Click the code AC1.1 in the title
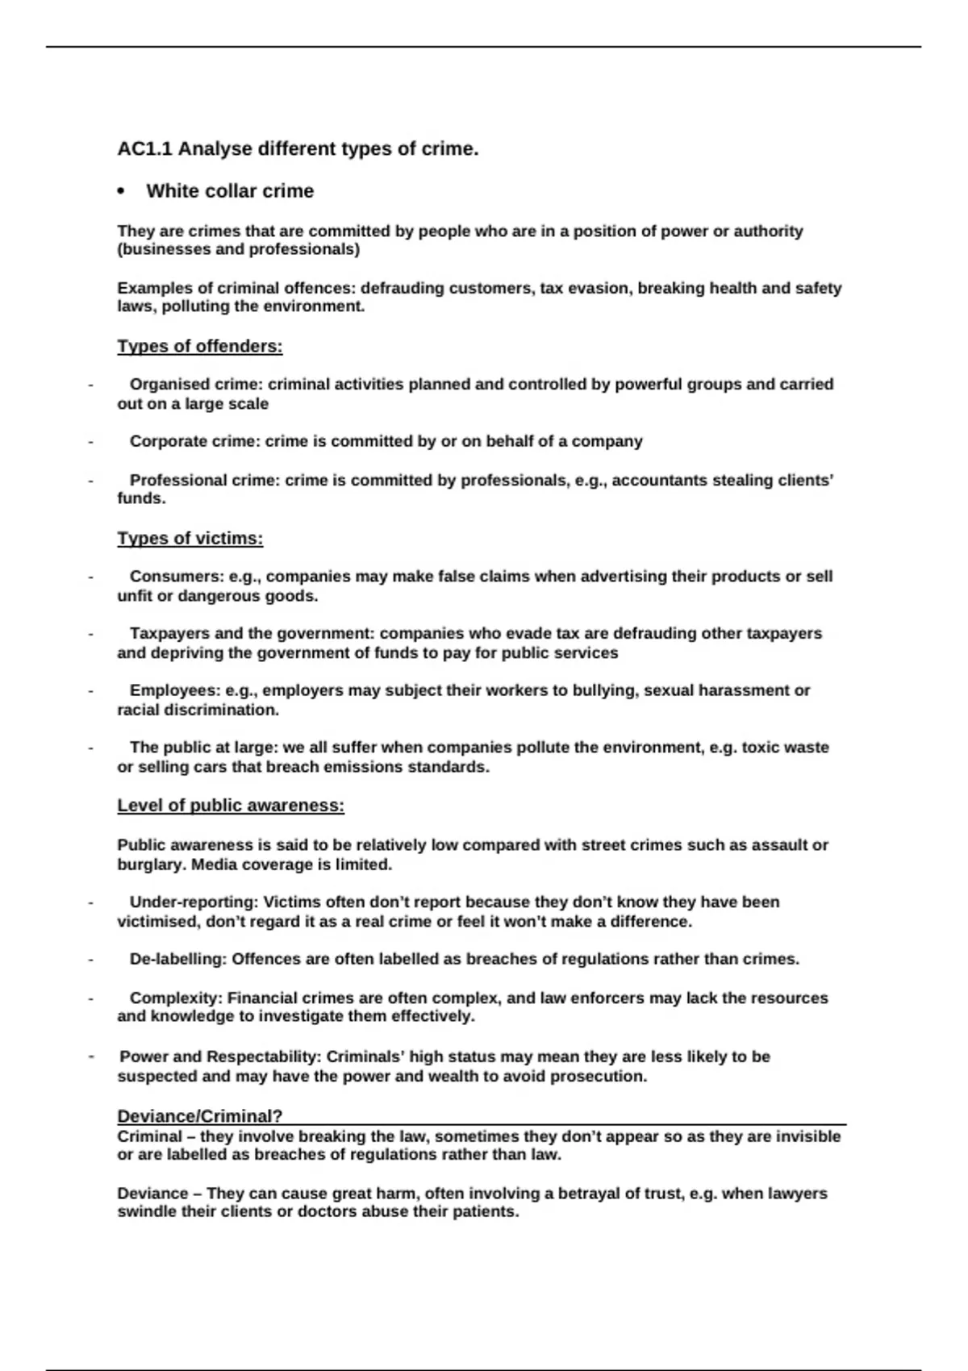(145, 149)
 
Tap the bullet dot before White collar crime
(121, 192)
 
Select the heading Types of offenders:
(200, 347)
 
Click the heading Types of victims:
(190, 539)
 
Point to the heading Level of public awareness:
(231, 806)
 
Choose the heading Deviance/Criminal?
(200, 1116)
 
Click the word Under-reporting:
(194, 902)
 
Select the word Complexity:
(176, 998)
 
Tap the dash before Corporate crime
(90, 442)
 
